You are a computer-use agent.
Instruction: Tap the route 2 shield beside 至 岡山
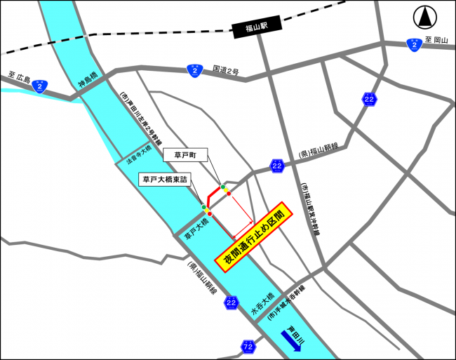[x=415, y=44]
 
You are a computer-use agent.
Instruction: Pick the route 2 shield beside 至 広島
[x=40, y=86]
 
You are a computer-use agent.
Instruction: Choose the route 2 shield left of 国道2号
[x=194, y=70]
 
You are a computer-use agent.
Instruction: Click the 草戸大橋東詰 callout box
[x=165, y=180]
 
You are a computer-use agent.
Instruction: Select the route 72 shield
[x=247, y=347]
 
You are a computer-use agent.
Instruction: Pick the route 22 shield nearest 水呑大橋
[x=232, y=302]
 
